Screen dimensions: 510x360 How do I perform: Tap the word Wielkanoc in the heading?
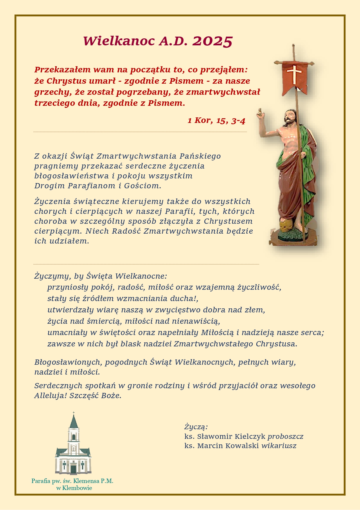119,41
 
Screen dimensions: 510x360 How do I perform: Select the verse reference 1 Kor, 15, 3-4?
216,120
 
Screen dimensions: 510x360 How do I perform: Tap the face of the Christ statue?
289,116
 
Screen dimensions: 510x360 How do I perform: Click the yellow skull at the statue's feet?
285,225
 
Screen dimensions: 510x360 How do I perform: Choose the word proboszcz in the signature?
285,436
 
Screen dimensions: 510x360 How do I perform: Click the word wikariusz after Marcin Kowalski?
279,446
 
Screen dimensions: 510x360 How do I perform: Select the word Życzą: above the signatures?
196,427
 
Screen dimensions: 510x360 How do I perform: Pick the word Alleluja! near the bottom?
51,396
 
